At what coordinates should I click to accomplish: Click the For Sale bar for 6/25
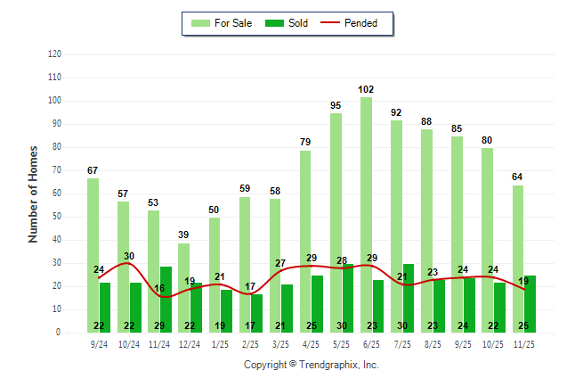(367, 214)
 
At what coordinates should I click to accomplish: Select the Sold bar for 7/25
(409, 298)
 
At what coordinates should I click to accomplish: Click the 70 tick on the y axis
(57, 170)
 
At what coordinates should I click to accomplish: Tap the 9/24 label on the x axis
(99, 343)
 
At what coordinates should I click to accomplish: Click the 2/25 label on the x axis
(250, 343)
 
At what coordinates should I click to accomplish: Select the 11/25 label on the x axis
(524, 343)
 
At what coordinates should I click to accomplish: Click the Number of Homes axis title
(33, 193)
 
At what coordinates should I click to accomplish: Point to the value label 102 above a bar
(366, 89)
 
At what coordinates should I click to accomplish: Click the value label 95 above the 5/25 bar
(336, 105)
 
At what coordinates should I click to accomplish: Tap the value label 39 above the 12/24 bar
(183, 235)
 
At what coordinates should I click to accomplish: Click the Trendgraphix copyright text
(312, 365)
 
